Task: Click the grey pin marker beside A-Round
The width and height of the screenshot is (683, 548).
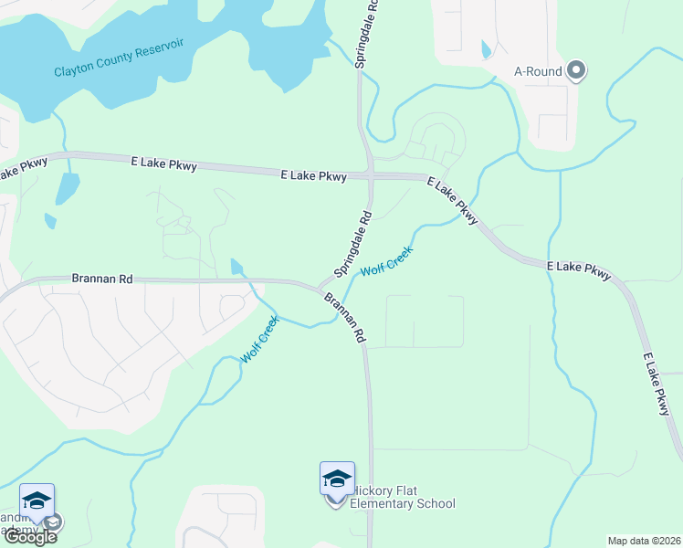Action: coord(576,70)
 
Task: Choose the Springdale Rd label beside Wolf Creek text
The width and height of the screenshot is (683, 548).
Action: coord(354,245)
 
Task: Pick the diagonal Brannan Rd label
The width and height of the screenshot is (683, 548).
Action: coord(344,318)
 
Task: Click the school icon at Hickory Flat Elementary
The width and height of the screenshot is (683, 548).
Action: coord(337,479)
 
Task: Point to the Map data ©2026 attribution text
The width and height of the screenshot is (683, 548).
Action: coord(644,540)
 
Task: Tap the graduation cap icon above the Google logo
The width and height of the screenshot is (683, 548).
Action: coord(37,501)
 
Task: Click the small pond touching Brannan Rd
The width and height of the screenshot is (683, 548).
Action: coord(237,267)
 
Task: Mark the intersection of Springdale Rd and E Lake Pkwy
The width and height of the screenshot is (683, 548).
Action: coord(370,174)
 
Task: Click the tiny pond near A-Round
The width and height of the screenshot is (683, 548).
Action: coord(485,48)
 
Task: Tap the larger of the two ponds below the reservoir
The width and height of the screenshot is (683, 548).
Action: coord(67,187)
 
